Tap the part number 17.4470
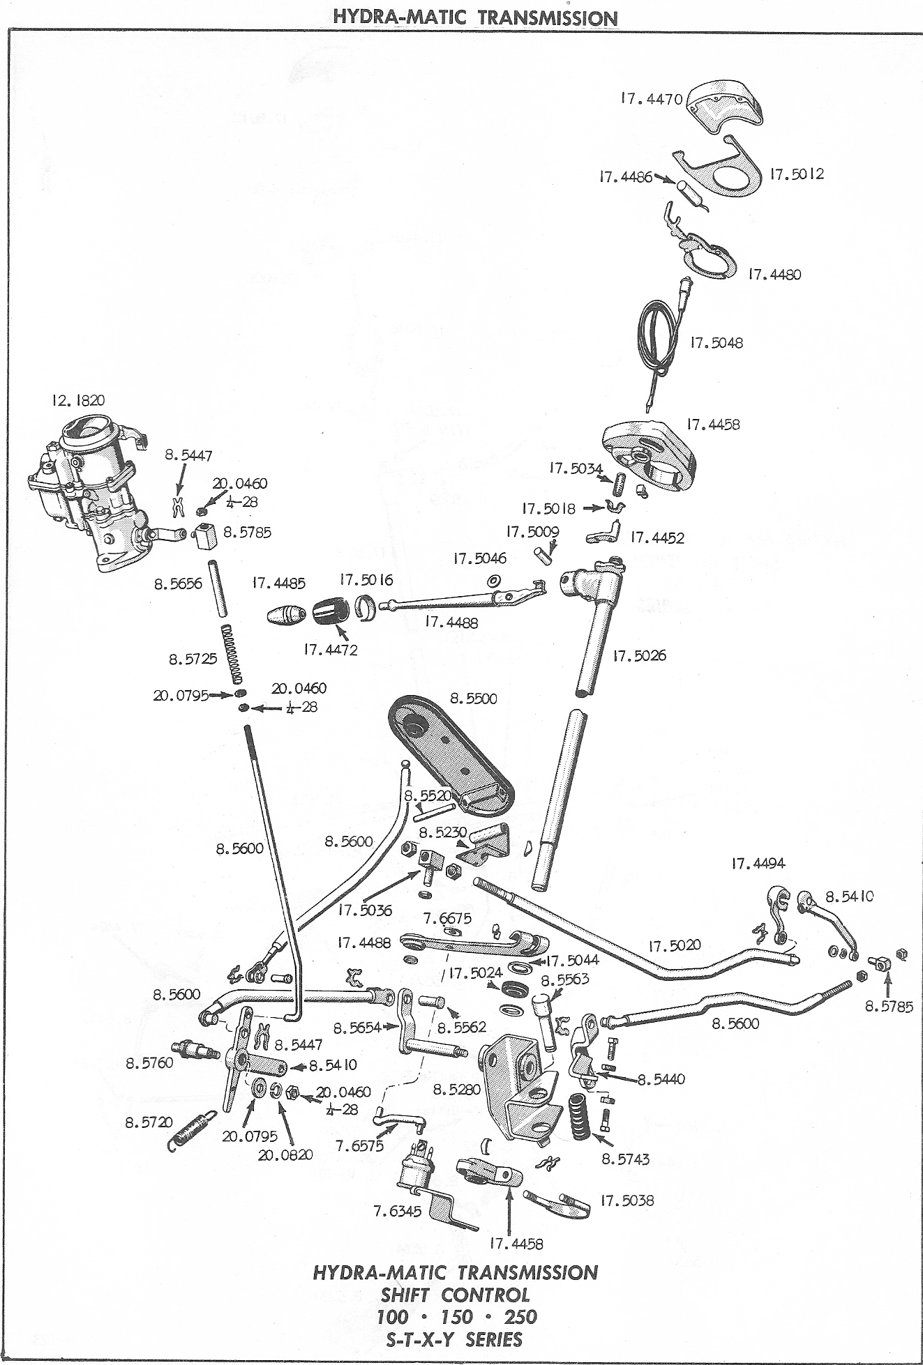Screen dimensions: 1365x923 point(651,99)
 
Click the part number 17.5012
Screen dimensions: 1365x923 point(797,174)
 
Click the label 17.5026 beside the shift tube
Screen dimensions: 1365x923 point(639,655)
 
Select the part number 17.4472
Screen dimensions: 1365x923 point(330,650)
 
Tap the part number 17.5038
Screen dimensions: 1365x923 point(626,1200)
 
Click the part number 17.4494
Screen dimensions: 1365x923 point(758,863)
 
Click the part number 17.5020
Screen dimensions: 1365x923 point(675,946)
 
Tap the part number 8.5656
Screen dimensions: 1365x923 point(178,584)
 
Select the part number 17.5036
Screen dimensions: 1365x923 point(366,910)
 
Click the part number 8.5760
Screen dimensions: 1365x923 point(149,1063)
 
